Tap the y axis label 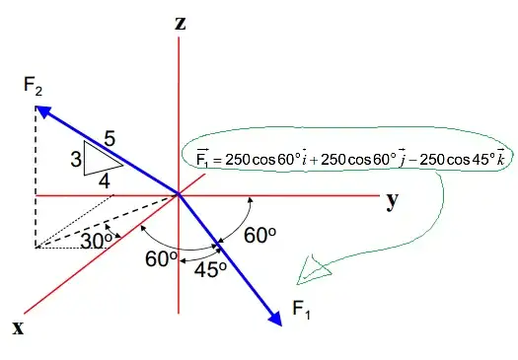pyautogui.click(x=393, y=200)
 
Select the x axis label pyautogui.click(x=18, y=327)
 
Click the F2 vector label pyautogui.click(x=36, y=85)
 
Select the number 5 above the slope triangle pyautogui.click(x=110, y=140)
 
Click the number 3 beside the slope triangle pyautogui.click(x=74, y=157)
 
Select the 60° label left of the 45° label pyautogui.click(x=162, y=257)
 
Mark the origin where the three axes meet pyautogui.click(x=180, y=194)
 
